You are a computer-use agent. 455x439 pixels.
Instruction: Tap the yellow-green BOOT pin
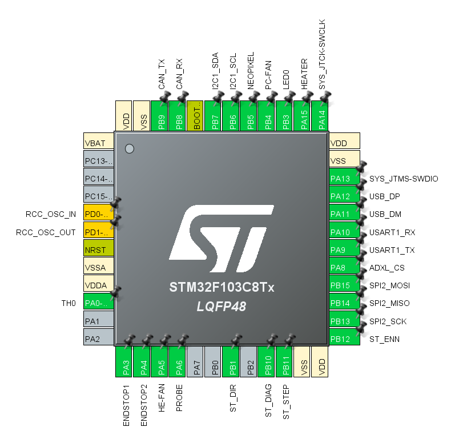pyautogui.click(x=195, y=117)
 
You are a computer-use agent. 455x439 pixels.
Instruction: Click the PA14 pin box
pyautogui.click(x=321, y=117)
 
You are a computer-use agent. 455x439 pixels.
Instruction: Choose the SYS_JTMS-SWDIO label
pyautogui.click(x=404, y=179)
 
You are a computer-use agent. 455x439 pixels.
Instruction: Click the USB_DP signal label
pyautogui.click(x=385, y=197)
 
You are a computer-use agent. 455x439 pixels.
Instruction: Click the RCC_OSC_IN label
pyautogui.click(x=51, y=215)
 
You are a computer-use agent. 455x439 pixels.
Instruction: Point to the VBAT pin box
pyautogui.click(x=99, y=143)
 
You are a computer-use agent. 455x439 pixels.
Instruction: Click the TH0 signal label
pyautogui.click(x=69, y=303)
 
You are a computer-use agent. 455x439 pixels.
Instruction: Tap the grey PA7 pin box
pyautogui.click(x=195, y=361)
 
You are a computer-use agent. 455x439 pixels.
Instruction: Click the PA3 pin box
pyautogui.click(x=124, y=361)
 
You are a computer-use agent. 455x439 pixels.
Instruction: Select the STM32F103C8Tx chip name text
pyautogui.click(x=222, y=287)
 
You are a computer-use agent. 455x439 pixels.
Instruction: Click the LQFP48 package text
pyautogui.click(x=222, y=307)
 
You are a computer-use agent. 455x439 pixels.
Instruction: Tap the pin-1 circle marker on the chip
pyautogui.click(x=130, y=148)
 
